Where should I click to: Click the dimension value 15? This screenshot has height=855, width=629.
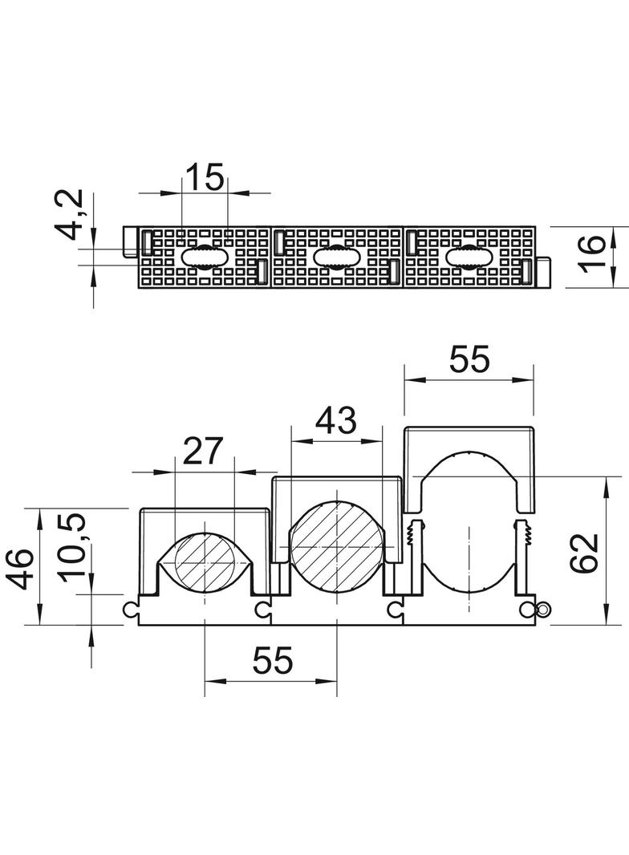pyautogui.click(x=205, y=176)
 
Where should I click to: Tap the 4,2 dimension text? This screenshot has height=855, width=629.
pyautogui.click(x=71, y=214)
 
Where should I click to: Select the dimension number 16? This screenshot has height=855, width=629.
pyautogui.click(x=590, y=251)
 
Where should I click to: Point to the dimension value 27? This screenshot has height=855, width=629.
pyautogui.click(x=203, y=451)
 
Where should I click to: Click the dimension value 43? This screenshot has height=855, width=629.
pyautogui.click(x=337, y=420)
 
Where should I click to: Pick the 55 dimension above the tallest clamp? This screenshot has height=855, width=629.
pyautogui.click(x=469, y=359)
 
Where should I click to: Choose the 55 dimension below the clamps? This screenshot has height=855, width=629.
pyautogui.click(x=272, y=660)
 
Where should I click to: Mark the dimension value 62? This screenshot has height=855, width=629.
pyautogui.click(x=584, y=553)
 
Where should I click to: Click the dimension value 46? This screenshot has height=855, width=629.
pyautogui.click(x=22, y=569)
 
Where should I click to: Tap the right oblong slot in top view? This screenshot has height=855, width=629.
pyautogui.click(x=469, y=257)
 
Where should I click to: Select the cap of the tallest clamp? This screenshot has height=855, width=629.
pyautogui.click(x=469, y=469)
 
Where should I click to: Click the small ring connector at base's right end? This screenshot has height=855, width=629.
pyautogui.click(x=543, y=609)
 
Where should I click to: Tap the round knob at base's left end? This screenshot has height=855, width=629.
pyautogui.click(x=128, y=609)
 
